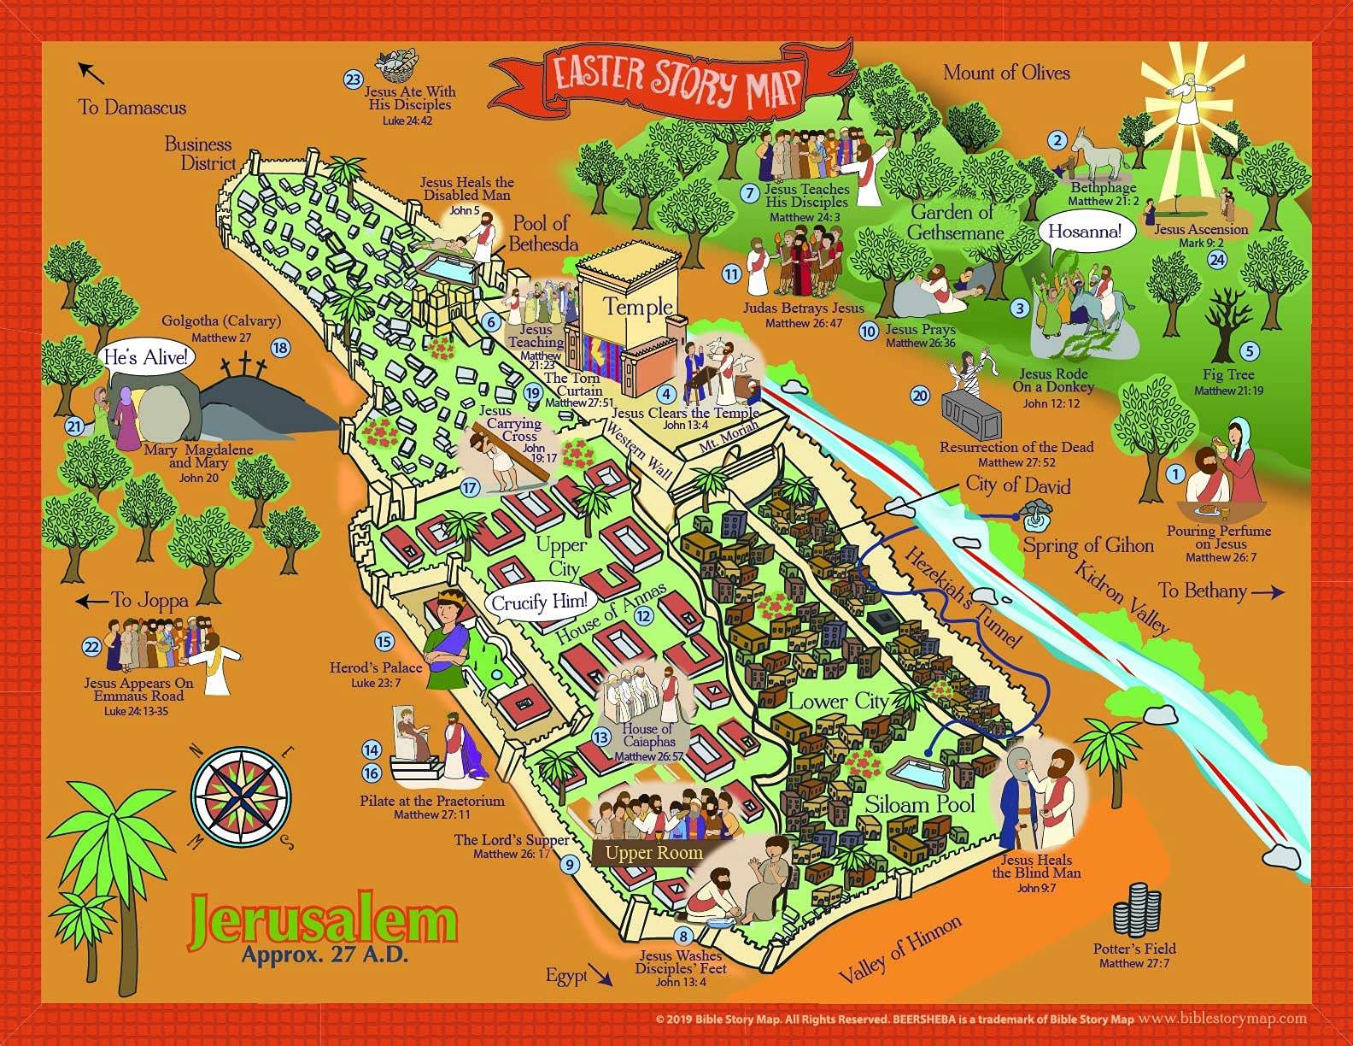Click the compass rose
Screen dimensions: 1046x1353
pyautogui.click(x=240, y=796)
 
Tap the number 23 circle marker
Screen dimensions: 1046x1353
pyautogui.click(x=354, y=79)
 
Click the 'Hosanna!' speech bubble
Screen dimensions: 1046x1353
pyautogui.click(x=1085, y=232)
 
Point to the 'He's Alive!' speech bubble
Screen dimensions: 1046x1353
pyautogui.click(x=145, y=357)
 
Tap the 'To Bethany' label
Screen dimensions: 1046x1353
pyautogui.click(x=1202, y=591)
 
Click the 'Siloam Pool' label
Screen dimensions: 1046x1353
pyautogui.click(x=919, y=804)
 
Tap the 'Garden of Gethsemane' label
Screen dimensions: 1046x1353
pyautogui.click(x=954, y=222)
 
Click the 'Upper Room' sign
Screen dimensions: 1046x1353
pyautogui.click(x=653, y=852)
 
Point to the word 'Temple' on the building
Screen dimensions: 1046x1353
pyautogui.click(x=638, y=307)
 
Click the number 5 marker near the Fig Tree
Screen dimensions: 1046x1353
pyautogui.click(x=1250, y=351)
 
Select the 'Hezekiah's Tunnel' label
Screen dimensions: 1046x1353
pyautogui.click(x=963, y=596)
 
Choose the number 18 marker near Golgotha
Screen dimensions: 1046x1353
pyautogui.click(x=280, y=348)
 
